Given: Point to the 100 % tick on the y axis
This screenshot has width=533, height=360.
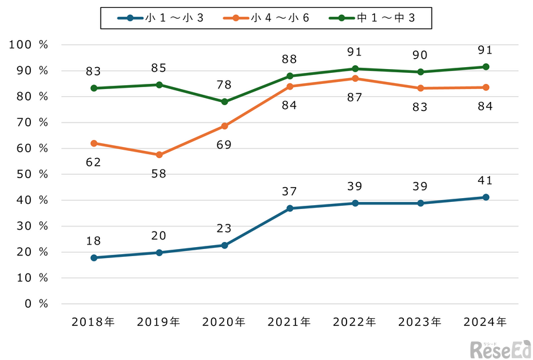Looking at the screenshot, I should [29, 45].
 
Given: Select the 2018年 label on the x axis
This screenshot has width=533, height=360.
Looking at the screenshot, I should [94, 321].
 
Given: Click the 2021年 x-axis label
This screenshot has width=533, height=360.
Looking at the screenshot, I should [290, 321].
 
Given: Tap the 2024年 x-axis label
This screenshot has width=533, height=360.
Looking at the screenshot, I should [485, 321].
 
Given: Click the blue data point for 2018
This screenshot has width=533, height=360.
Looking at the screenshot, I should [94, 257].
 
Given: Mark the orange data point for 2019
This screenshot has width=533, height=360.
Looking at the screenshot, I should [159, 155].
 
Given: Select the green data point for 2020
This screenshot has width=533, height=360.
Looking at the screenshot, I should [225, 102].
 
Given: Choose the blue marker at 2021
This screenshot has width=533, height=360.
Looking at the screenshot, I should [290, 208].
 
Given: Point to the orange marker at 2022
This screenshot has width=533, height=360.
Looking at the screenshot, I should [355, 79].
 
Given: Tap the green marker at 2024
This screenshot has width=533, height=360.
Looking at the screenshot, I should [485, 67].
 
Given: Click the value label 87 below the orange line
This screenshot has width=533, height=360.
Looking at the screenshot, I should [355, 97].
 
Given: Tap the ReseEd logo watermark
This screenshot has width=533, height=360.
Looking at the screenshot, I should [501, 348].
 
